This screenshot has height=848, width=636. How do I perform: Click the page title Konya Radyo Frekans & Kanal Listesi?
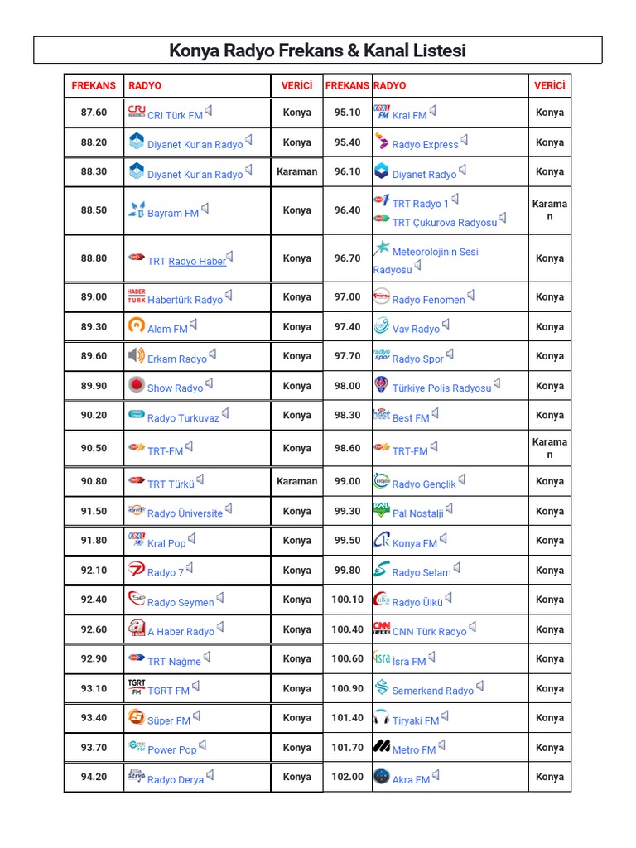(x=317, y=51)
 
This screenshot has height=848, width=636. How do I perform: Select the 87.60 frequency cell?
(x=94, y=113)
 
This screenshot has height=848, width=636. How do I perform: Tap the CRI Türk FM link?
(x=175, y=116)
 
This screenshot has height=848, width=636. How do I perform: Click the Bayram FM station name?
(x=172, y=213)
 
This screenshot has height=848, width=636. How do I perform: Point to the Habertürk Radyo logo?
(x=137, y=296)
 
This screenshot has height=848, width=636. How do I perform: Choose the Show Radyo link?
(x=175, y=388)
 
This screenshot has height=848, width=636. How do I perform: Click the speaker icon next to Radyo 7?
(x=190, y=568)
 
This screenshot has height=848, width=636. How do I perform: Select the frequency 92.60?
(x=94, y=629)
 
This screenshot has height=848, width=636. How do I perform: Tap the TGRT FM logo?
(x=137, y=687)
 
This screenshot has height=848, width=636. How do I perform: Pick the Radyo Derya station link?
(x=175, y=779)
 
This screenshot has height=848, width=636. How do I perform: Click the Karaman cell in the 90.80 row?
(x=296, y=481)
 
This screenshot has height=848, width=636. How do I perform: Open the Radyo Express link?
(x=425, y=145)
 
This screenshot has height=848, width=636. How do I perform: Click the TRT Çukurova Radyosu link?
(x=444, y=222)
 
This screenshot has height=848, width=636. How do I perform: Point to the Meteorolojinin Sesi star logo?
(x=382, y=248)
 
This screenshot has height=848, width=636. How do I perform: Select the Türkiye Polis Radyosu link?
(x=441, y=388)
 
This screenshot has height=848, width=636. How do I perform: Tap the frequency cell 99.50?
(x=347, y=541)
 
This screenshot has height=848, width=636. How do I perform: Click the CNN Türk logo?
(x=381, y=628)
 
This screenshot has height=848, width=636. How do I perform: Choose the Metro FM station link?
(x=413, y=749)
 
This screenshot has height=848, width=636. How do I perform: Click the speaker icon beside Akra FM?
(x=436, y=776)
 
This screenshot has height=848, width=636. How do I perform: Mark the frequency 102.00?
(x=347, y=777)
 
